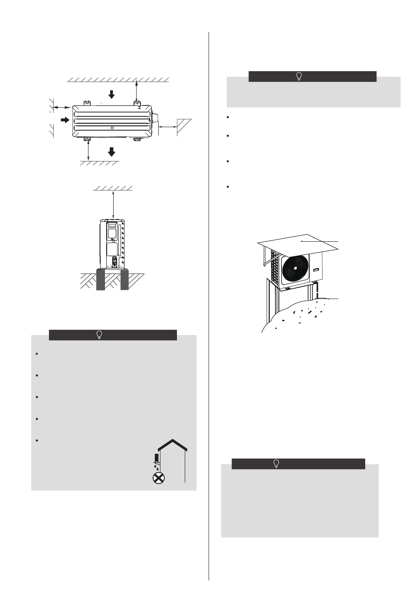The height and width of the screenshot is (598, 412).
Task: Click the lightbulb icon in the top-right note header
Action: point(299,76)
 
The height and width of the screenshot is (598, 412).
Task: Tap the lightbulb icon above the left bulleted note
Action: point(99,335)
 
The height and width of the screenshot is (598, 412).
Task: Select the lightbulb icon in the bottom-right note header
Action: point(276,463)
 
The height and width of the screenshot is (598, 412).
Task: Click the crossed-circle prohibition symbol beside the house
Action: point(157,478)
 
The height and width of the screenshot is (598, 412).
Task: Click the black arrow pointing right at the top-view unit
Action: point(65,120)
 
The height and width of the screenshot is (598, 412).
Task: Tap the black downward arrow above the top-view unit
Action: point(112,94)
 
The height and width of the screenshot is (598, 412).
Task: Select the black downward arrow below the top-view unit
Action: point(112,151)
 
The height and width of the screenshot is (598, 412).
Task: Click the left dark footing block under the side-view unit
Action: point(101,281)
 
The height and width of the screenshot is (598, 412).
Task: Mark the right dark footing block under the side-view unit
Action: point(124,281)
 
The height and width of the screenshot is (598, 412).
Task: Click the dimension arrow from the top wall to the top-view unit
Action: point(137,91)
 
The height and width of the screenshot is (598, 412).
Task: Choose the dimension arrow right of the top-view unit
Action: point(167,126)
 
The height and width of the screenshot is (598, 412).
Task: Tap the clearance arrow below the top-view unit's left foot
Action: point(88,151)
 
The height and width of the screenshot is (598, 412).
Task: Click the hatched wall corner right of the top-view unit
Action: point(184,127)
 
